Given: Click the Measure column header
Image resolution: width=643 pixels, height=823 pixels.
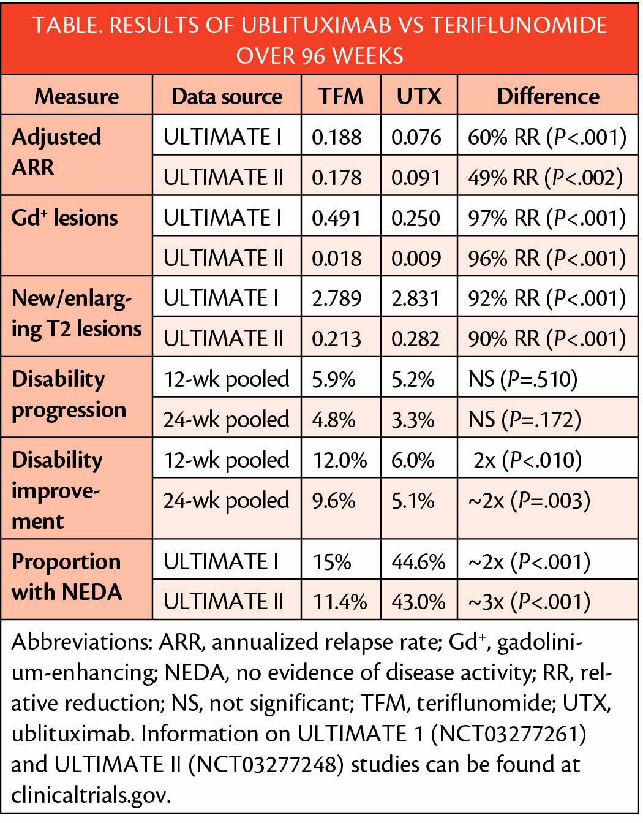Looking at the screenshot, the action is pyautogui.click(x=77, y=96).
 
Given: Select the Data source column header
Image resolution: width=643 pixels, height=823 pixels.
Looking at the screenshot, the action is pyautogui.click(x=227, y=96).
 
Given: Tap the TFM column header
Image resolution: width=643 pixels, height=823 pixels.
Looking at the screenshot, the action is pyautogui.click(x=341, y=96).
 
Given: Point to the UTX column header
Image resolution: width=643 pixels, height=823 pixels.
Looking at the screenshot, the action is pyautogui.click(x=419, y=96).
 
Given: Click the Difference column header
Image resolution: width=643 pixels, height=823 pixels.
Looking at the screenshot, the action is pyautogui.click(x=548, y=96).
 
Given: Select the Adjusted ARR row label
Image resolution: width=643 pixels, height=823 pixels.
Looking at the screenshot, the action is pyautogui.click(x=56, y=151).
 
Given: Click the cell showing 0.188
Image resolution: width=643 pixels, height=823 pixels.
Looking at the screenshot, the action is pyautogui.click(x=336, y=137).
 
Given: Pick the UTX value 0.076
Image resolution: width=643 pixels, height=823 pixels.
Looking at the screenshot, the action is pyautogui.click(x=416, y=137).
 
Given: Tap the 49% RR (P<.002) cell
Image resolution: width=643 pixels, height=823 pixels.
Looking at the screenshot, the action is pyautogui.click(x=546, y=177).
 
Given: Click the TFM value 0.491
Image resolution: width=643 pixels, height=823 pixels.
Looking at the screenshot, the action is pyautogui.click(x=336, y=218).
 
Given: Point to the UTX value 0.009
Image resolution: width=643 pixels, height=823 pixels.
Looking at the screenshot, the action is pyautogui.click(x=416, y=259).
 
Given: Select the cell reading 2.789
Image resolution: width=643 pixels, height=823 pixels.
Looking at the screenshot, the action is pyautogui.click(x=336, y=298).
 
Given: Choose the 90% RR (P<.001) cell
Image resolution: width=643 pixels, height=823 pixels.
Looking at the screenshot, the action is pyautogui.click(x=547, y=339).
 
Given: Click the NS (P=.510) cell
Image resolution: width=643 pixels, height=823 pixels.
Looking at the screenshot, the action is pyautogui.click(x=522, y=379).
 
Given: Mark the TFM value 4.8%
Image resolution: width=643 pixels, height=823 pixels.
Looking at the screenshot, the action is pyautogui.click(x=333, y=420).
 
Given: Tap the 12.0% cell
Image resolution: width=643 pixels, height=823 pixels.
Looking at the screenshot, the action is pyautogui.click(x=340, y=460).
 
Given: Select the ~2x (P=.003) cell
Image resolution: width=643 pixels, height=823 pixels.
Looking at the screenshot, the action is pyautogui.click(x=529, y=501).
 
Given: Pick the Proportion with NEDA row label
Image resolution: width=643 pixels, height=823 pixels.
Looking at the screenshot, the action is pyautogui.click(x=67, y=577).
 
